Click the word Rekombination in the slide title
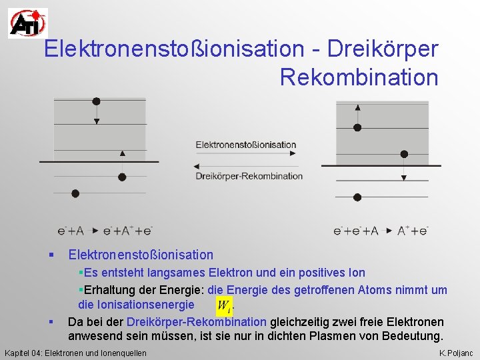[x=359, y=77]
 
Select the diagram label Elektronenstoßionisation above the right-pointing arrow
[x=245, y=144]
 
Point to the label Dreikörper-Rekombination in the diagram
[x=249, y=176]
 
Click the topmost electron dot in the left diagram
[x=97, y=101]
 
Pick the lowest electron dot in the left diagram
[x=75, y=193]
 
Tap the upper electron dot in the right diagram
[x=357, y=127]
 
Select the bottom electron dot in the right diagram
[x=357, y=196]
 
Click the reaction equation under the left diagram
[x=105, y=231]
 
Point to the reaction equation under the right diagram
[x=381, y=231]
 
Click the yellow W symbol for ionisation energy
[x=224, y=305]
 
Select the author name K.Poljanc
[x=456, y=352]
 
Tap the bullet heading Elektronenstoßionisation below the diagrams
[x=141, y=255]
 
